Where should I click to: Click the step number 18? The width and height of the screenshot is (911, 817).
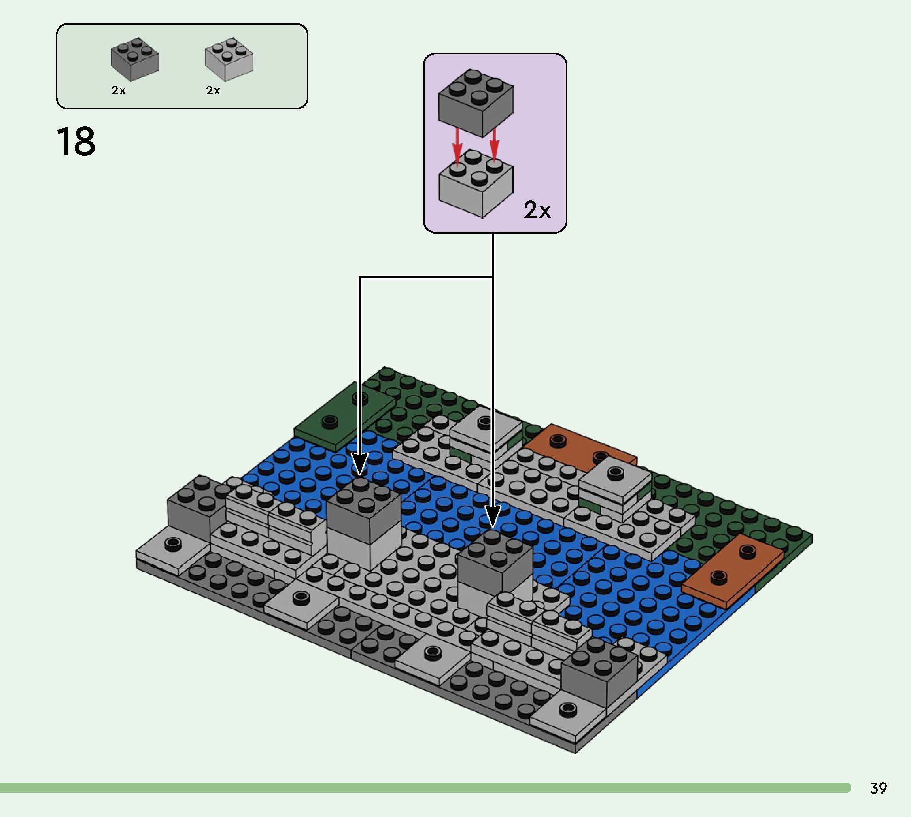[76, 142]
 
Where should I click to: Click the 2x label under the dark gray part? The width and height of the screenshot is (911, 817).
[119, 91]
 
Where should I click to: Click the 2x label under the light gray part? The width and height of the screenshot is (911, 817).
[213, 91]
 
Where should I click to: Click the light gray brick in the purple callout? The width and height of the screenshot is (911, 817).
[476, 184]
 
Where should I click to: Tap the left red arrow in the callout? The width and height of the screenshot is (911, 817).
[457, 146]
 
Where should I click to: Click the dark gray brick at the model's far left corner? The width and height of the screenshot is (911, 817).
[193, 507]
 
